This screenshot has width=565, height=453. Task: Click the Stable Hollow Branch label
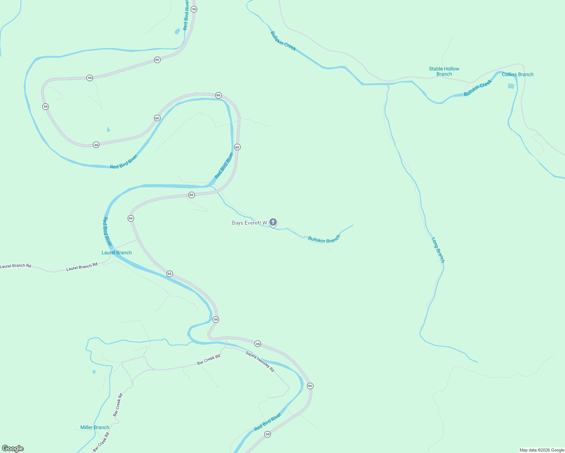point(444,71)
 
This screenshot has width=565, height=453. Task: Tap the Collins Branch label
point(517,74)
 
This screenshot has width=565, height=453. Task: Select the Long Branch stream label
point(438,250)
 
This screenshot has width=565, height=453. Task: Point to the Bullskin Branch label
point(324,239)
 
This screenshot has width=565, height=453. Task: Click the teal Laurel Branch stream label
point(117,253)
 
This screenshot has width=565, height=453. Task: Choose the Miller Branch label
point(95,427)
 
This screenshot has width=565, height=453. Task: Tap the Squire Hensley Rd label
point(260,362)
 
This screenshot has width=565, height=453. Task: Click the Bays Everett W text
point(249,223)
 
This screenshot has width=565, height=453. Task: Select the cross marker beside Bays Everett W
point(273,222)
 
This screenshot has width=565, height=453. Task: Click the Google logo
point(13,448)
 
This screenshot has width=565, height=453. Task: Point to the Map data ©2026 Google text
point(542,450)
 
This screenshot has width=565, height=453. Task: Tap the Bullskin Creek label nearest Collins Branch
point(478,88)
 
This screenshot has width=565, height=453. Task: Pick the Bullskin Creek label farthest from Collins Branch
point(283,41)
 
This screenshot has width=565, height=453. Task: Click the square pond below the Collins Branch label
point(511,86)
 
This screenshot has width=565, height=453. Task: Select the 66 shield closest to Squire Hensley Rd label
point(258,344)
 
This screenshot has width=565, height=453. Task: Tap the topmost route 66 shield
point(194,9)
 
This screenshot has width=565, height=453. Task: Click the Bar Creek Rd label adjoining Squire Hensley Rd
point(208,360)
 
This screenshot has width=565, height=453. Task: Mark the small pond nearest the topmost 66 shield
point(177,31)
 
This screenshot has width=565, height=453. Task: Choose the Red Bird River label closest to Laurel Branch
point(108,231)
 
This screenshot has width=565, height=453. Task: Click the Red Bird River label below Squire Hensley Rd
point(268,422)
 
